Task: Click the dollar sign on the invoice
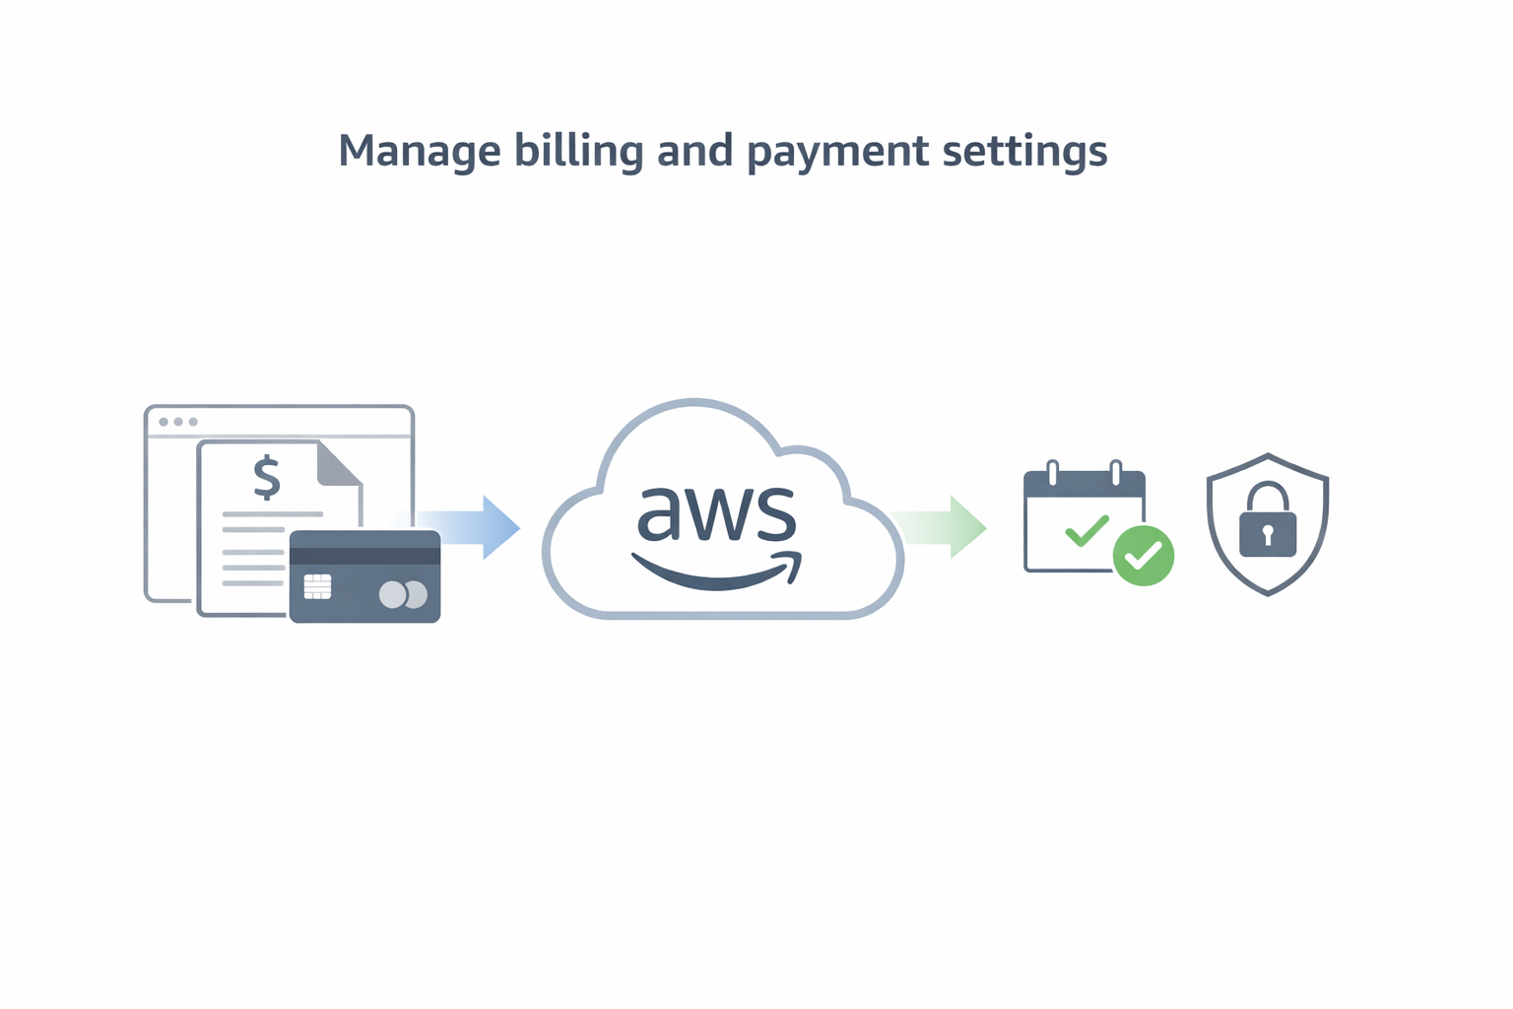pyautogui.click(x=266, y=477)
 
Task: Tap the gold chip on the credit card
pyautogui.click(x=317, y=587)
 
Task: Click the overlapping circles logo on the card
pyautogui.click(x=403, y=594)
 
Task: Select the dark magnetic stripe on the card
pyautogui.click(x=364, y=556)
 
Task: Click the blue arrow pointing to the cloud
pyautogui.click(x=473, y=527)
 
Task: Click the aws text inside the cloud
pyautogui.click(x=716, y=513)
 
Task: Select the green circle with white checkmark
pyautogui.click(x=1143, y=556)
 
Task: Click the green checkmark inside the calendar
pyautogui.click(x=1086, y=532)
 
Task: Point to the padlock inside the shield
pyautogui.click(x=1268, y=522)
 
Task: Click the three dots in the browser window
pyautogui.click(x=178, y=422)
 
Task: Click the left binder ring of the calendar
pyautogui.click(x=1053, y=473)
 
